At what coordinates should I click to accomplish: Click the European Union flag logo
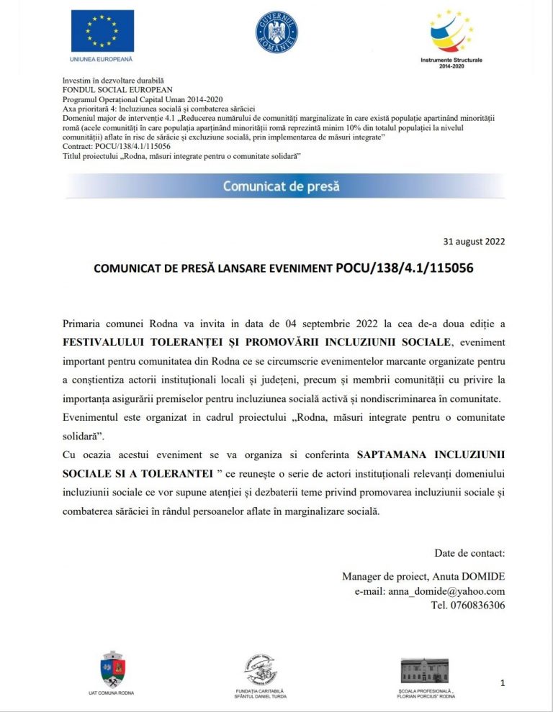[102, 30]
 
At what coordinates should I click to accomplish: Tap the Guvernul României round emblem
[276, 32]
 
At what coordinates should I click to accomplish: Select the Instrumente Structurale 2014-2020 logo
[451, 32]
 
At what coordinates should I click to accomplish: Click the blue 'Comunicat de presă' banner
[281, 186]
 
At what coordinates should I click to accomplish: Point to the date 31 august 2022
[474, 241]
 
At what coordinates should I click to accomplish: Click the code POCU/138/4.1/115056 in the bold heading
[405, 268]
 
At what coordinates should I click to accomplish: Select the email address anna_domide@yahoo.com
[446, 591]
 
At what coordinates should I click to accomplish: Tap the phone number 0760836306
[478, 605]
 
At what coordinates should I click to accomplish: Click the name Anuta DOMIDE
[475, 577]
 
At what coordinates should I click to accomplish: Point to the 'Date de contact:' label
[469, 553]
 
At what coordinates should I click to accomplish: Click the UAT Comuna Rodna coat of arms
[112, 669]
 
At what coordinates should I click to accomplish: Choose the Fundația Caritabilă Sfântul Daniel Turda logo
[260, 670]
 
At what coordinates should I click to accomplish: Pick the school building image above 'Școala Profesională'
[424, 670]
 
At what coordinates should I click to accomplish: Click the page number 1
[502, 683]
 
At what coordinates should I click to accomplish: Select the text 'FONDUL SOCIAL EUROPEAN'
[117, 90]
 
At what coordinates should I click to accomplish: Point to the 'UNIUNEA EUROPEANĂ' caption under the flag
[102, 59]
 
